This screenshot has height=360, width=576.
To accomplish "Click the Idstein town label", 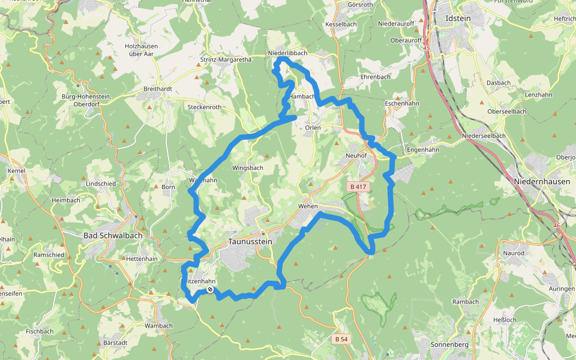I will [x=458, y=19].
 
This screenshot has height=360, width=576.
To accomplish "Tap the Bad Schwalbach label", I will [x=113, y=236].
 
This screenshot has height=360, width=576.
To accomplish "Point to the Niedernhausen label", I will [x=542, y=181].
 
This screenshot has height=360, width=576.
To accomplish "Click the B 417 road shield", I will [x=358, y=187].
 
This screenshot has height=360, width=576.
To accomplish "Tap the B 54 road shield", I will [x=341, y=339].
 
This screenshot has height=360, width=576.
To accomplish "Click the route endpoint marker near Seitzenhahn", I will [x=210, y=290].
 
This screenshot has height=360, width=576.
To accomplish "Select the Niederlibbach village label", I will [x=288, y=53].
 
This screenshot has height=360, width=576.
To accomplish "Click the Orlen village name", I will [x=313, y=128].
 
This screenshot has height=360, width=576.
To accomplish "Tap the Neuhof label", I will [x=356, y=155].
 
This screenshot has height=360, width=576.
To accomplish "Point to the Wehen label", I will [x=308, y=206].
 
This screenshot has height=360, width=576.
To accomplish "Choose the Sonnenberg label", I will [x=448, y=344].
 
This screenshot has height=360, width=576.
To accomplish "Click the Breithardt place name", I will [x=158, y=89].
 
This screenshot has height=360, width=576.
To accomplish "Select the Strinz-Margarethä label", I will [x=226, y=60].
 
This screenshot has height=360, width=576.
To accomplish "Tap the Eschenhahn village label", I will [x=402, y=103].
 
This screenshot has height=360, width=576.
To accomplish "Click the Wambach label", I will [x=159, y=326].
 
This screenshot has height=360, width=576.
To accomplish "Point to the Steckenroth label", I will [x=205, y=107].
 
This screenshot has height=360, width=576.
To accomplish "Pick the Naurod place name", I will [x=514, y=253].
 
